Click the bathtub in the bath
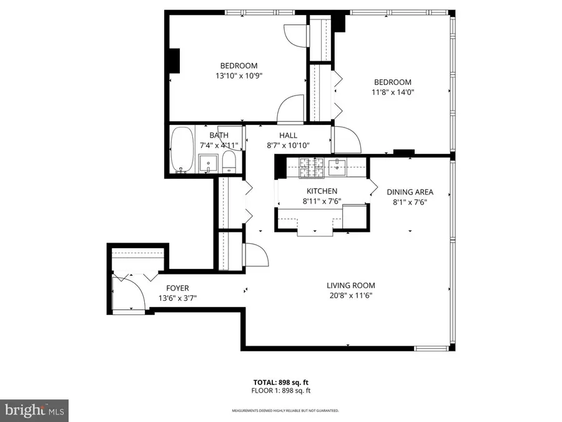pyautogui.click(x=182, y=150)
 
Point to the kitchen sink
pyautogui.click(x=340, y=165)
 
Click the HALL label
pyautogui.click(x=288, y=135)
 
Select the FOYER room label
pyautogui.click(x=177, y=288)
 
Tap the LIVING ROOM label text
pyautogui.click(x=350, y=285)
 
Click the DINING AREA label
pyautogui.click(x=410, y=192)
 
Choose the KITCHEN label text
pyautogui.click(x=322, y=191)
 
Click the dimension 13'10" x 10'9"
pyautogui.click(x=239, y=76)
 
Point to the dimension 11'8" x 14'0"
pyautogui.click(x=392, y=92)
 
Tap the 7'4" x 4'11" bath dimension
pyautogui.click(x=219, y=145)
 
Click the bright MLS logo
pyautogui.click(x=34, y=411)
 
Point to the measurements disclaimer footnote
pyautogui.click(x=280, y=411)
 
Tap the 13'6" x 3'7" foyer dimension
pyautogui.click(x=177, y=298)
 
